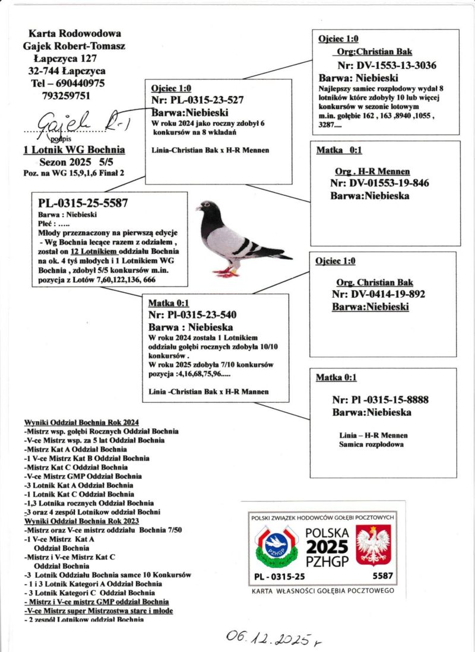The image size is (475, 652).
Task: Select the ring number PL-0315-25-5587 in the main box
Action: [x=83, y=203]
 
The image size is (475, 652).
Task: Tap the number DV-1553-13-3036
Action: [x=387, y=66]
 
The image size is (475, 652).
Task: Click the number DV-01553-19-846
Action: [x=379, y=183]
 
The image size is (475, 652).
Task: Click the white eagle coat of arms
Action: [x=372, y=545]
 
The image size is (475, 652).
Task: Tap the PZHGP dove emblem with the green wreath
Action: [x=274, y=544]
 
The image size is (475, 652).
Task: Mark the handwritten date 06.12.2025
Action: [x=270, y=638]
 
